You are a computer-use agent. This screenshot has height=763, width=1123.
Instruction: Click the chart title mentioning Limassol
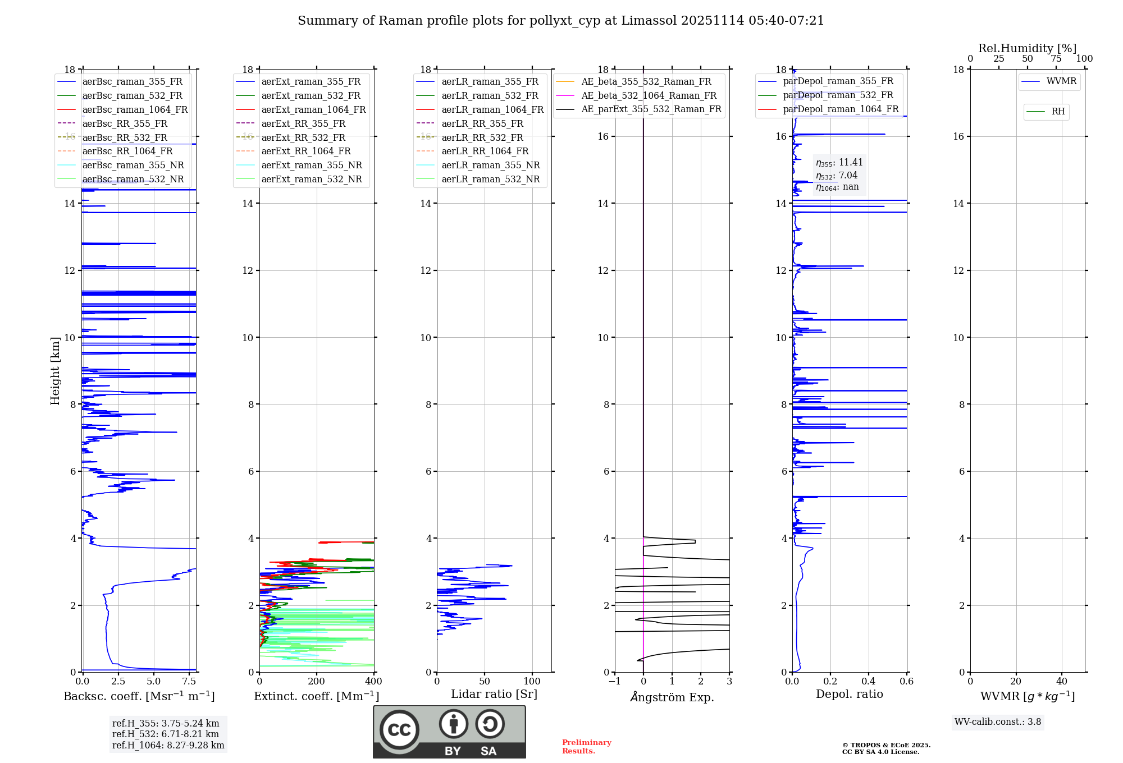click(x=560, y=21)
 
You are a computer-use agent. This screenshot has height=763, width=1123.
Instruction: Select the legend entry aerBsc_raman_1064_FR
click(x=135, y=110)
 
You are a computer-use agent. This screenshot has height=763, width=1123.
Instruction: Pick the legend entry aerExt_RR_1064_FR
click(x=305, y=151)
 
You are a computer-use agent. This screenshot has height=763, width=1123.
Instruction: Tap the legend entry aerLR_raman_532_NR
click(x=490, y=180)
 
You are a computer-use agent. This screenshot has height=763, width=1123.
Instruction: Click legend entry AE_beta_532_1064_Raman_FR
click(x=649, y=96)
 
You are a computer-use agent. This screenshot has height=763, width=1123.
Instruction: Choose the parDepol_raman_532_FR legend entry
click(x=838, y=95)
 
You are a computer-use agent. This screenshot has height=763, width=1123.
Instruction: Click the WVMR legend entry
click(x=1061, y=81)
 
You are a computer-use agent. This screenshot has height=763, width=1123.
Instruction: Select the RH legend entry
click(x=1058, y=112)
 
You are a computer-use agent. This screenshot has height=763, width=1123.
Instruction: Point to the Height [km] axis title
click(x=55, y=371)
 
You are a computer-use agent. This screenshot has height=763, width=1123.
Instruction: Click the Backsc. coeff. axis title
click(x=139, y=696)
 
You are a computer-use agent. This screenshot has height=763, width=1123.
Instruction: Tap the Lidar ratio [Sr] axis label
click(x=494, y=695)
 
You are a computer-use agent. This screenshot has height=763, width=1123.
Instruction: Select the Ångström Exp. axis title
click(x=672, y=697)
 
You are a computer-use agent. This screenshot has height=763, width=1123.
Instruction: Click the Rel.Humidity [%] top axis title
click(x=1027, y=48)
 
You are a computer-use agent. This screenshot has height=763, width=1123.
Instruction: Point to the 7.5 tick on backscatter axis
click(x=189, y=682)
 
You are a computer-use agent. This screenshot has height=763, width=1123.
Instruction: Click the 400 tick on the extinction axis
click(x=373, y=682)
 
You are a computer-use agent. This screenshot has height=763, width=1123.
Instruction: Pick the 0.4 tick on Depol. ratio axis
click(x=868, y=682)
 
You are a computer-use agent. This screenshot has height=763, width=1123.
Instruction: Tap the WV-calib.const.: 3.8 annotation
click(x=997, y=722)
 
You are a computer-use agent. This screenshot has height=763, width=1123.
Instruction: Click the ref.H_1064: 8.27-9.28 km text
click(x=168, y=746)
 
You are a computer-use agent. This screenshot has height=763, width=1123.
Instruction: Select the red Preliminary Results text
click(x=586, y=747)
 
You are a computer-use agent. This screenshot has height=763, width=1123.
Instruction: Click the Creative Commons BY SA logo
click(x=449, y=732)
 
